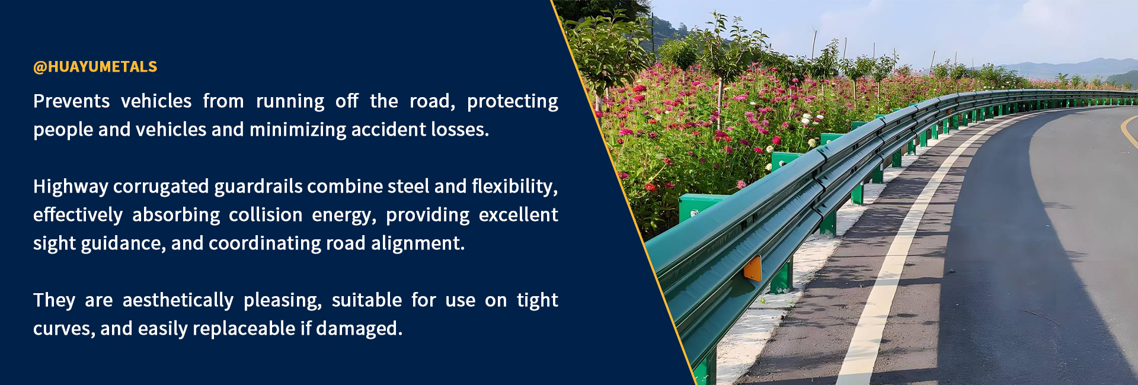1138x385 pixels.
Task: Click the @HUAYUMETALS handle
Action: pos(95,67)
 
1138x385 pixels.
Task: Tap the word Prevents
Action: pos(71,101)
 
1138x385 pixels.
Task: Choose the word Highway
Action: pos(71,187)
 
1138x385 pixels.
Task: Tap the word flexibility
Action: pos(513,187)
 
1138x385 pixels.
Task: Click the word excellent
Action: pos(519,215)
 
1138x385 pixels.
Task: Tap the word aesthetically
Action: pos(178,301)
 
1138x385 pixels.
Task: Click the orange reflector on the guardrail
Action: pos(753,268)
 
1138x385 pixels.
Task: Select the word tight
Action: pos(538,301)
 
